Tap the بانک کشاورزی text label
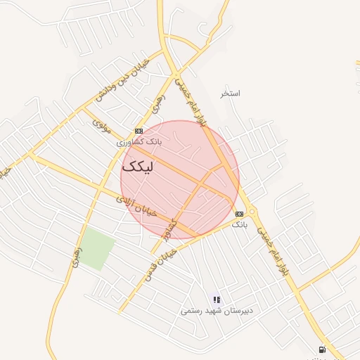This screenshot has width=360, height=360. [x=139, y=142]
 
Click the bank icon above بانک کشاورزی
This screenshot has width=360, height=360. [x=139, y=131]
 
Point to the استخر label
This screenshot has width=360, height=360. [x=230, y=94]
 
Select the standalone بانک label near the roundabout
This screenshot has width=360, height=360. [x=240, y=224]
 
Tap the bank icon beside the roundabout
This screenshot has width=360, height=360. [x=240, y=214]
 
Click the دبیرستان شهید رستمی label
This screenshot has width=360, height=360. [x=217, y=310]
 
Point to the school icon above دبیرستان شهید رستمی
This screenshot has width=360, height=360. [x=217, y=300]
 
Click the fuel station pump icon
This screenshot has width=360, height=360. [x=322, y=349]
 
